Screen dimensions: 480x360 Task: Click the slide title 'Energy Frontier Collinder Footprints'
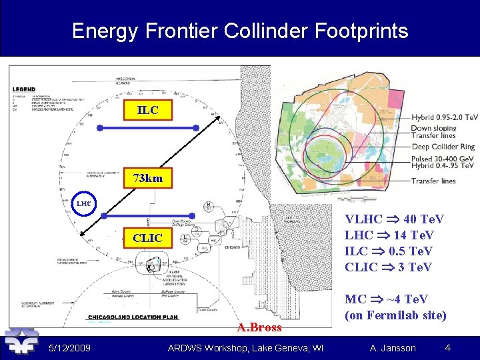pyautogui.click(x=239, y=31)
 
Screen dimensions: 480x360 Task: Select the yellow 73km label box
pyautogui.click(x=148, y=179)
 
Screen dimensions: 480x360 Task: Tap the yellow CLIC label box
pyautogui.click(x=148, y=238)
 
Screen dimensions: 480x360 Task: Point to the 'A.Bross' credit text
pyautogui.click(x=259, y=327)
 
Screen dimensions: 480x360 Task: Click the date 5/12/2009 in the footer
pyautogui.click(x=70, y=348)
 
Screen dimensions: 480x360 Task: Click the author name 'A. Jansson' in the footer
pyautogui.click(x=393, y=348)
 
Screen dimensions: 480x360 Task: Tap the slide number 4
pyautogui.click(x=448, y=347)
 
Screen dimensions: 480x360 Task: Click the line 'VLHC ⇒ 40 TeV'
pyautogui.click(x=394, y=219)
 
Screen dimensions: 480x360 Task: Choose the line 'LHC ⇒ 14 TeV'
pyautogui.click(x=389, y=235)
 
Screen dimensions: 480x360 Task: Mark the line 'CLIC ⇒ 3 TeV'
pyautogui.click(x=388, y=267)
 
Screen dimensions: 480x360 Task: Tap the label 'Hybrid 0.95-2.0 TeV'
pyautogui.click(x=444, y=117)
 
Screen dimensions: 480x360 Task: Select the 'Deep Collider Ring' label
pyautogui.click(x=443, y=147)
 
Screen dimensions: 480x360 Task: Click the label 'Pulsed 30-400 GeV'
pyautogui.click(x=442, y=159)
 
